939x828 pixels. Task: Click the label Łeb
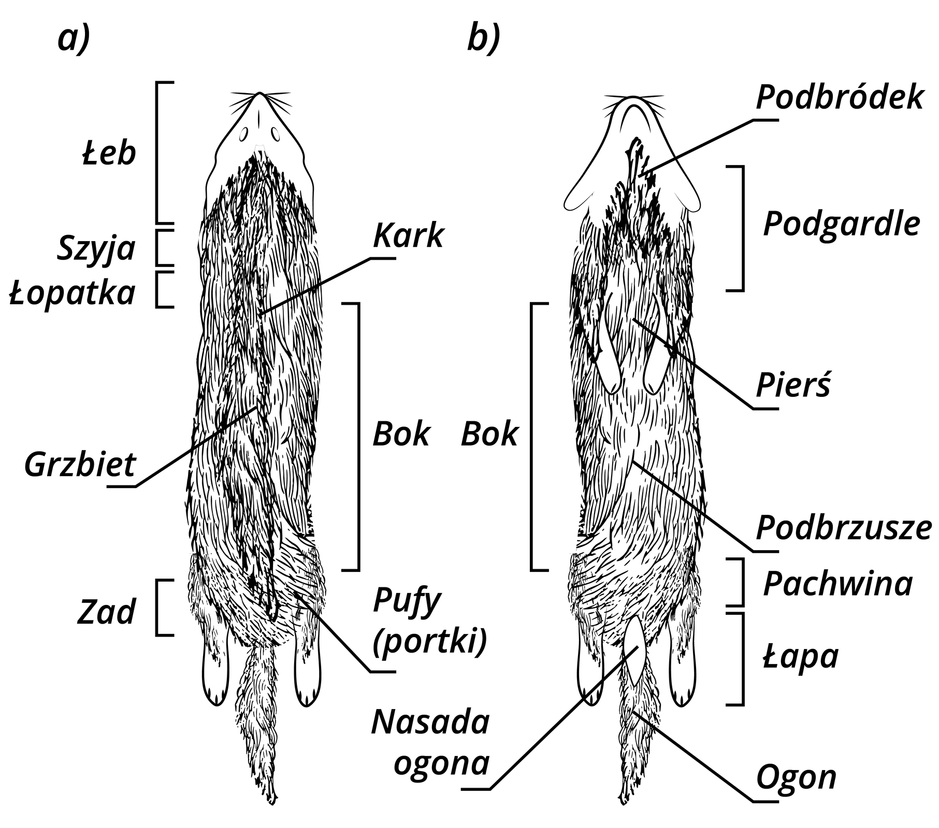109,153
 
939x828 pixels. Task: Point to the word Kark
408,235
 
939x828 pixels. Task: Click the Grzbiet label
80,464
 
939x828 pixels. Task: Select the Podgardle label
842,224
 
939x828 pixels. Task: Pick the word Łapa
801,657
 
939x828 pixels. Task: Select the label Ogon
797,777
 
